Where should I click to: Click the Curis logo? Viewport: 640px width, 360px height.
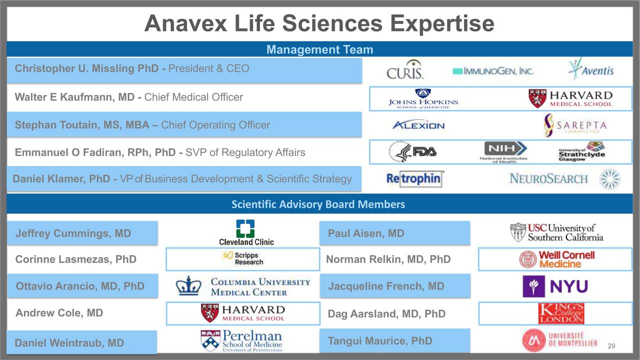point(405,70)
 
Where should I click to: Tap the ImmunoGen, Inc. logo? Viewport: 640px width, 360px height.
point(492,71)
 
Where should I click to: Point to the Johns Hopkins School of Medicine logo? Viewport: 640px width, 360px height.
point(423,98)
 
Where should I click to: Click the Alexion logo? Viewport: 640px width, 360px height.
point(418,125)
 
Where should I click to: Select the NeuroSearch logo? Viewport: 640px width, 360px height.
point(548,178)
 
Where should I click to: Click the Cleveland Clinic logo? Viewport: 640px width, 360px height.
point(246,232)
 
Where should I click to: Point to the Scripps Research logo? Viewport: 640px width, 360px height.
point(243,258)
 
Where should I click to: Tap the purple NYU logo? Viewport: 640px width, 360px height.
point(555,286)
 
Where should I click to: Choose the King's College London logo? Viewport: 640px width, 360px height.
point(561,313)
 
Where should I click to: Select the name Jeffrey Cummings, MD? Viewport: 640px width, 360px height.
point(73,233)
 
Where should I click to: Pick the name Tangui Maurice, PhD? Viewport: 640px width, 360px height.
point(379,341)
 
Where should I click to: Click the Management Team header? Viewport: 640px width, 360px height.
point(319,49)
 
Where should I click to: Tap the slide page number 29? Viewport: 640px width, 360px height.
point(610,346)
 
